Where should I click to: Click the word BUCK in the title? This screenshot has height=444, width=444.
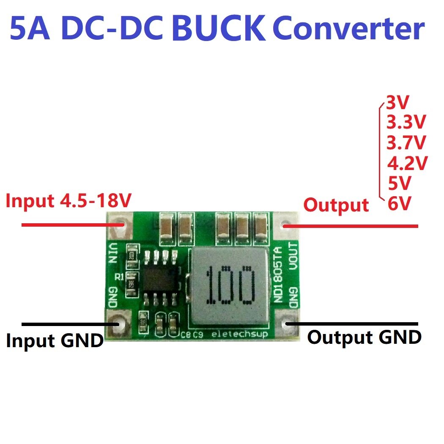[x=219, y=28]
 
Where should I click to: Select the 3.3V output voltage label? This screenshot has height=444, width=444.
[x=406, y=123]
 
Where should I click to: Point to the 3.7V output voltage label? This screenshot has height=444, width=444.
[x=406, y=143]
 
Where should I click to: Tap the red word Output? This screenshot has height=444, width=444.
[x=336, y=205]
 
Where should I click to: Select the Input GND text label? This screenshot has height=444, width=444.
[x=55, y=341]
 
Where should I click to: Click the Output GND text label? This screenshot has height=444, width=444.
[x=364, y=337]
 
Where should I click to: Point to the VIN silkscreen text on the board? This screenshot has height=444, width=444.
[x=112, y=252]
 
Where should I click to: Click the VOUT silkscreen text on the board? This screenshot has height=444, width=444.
[x=293, y=255]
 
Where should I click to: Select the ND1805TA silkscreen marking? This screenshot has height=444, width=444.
[x=277, y=274]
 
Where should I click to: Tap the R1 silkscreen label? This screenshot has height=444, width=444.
[x=119, y=277]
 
